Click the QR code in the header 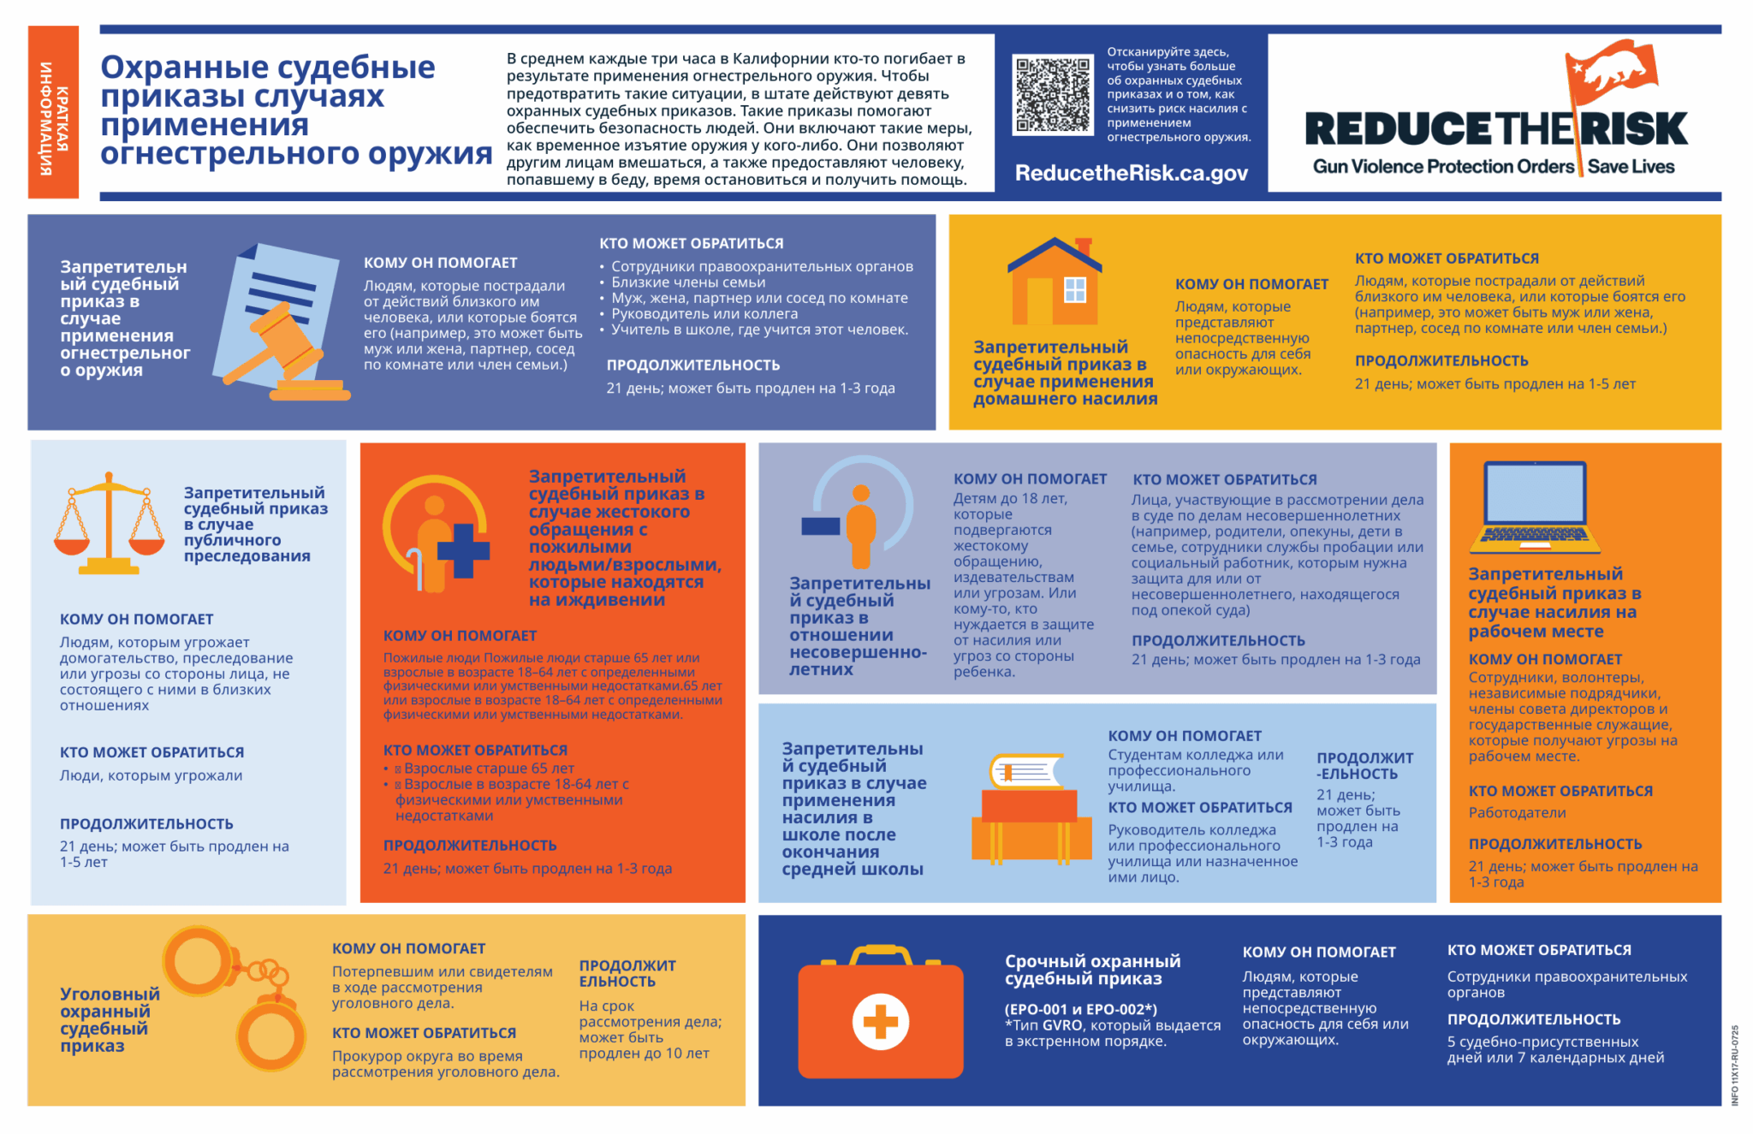click(1053, 94)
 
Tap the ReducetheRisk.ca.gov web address click(1131, 173)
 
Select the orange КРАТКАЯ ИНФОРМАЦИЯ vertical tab click(53, 112)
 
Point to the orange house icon click(1055, 282)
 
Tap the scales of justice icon click(109, 522)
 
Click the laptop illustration click(1536, 507)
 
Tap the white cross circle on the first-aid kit click(881, 1021)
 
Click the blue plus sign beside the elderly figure click(463, 550)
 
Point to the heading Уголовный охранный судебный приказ click(110, 1019)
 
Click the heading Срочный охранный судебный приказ click(1092, 970)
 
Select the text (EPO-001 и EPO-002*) click(1081, 1009)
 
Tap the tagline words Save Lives click(1631, 167)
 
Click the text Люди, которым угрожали click(151, 776)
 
